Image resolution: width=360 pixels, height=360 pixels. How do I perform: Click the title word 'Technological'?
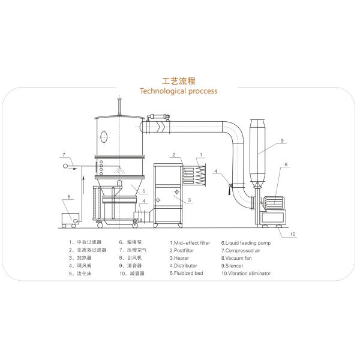click(x=163, y=91)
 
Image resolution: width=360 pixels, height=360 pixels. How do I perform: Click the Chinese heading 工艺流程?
click(x=180, y=80)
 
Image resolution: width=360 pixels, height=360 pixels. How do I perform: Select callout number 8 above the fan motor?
click(x=286, y=164)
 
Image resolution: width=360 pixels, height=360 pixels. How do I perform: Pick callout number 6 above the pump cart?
click(x=68, y=197)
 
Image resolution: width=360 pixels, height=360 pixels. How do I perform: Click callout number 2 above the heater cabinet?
click(x=173, y=155)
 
